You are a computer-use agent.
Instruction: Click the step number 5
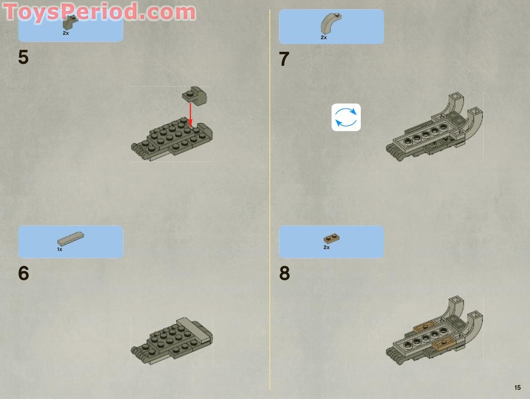(23, 58)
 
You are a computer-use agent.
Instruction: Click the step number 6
(23, 274)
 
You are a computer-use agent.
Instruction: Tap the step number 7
(284, 59)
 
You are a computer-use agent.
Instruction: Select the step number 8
(284, 274)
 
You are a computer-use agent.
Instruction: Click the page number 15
(517, 387)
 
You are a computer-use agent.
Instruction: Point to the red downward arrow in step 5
(191, 115)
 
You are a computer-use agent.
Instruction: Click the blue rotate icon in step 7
(346, 118)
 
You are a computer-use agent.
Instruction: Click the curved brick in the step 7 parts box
(331, 23)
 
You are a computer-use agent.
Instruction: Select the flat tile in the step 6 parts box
(71, 239)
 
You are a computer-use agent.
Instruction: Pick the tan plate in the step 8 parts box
(331, 238)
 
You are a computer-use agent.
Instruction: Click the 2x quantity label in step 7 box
(324, 38)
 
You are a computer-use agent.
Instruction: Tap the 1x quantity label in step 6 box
(59, 250)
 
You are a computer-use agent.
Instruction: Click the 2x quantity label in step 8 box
(326, 248)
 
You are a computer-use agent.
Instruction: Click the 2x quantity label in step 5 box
(66, 33)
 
